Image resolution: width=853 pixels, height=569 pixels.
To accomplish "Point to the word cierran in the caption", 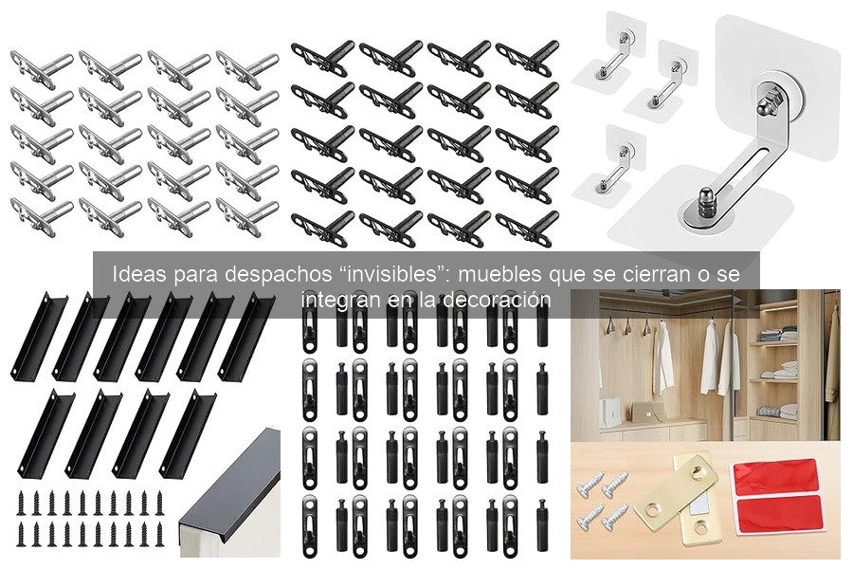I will point(650,275).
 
